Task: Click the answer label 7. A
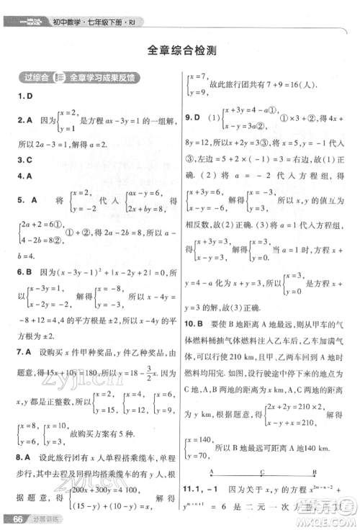[26, 351]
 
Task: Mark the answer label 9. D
[192, 116]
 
